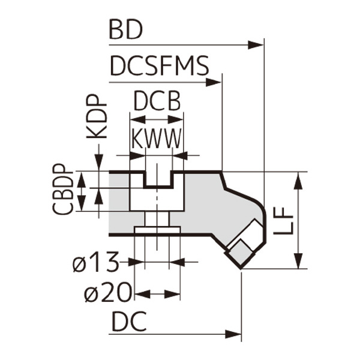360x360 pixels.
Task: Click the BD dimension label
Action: [125, 30]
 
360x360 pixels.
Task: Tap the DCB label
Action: [157, 101]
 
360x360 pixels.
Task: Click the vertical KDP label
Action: [97, 117]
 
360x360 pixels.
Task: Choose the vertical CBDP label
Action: [62, 189]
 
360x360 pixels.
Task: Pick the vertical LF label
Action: [283, 221]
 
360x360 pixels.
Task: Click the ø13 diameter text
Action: [96, 262]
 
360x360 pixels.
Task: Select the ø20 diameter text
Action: [108, 293]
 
